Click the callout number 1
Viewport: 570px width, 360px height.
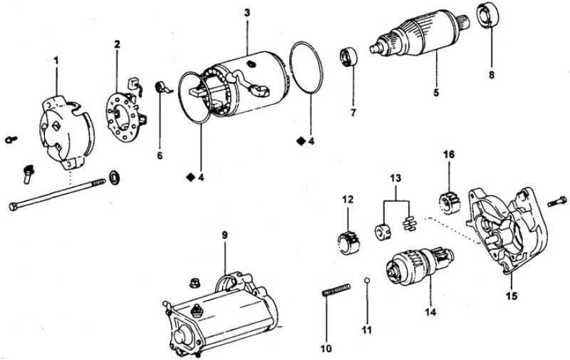tap(57, 61)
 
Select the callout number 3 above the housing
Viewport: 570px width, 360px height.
tap(246, 12)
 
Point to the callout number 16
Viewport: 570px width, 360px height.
tap(449, 154)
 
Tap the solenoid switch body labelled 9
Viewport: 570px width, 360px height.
tap(214, 314)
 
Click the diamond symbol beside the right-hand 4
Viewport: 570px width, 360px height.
tap(301, 142)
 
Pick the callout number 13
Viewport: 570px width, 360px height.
tap(396, 177)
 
